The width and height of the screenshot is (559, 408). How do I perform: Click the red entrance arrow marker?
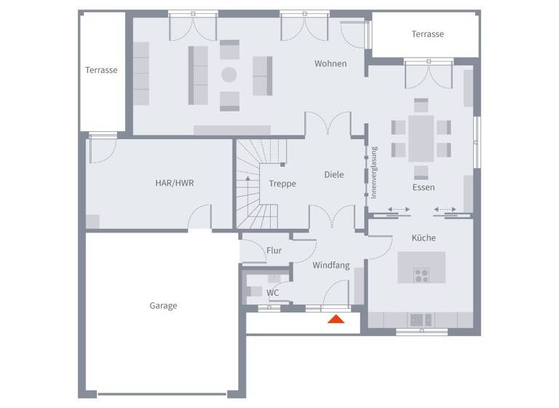pyautogui.click(x=336, y=318)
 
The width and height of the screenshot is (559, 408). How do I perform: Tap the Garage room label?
pyautogui.click(x=163, y=306)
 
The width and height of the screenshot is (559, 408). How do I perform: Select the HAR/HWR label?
pyautogui.click(x=174, y=183)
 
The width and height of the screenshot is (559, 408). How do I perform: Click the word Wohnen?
pyautogui.click(x=330, y=64)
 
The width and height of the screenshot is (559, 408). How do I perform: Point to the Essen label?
pyautogui.click(x=424, y=188)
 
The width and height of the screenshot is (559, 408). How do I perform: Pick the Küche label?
pyautogui.click(x=424, y=238)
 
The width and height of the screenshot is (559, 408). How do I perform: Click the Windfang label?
pyautogui.click(x=331, y=266)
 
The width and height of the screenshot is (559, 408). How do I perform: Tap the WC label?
pyautogui.click(x=272, y=293)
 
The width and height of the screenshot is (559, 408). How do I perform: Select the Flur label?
pyautogui.click(x=274, y=251)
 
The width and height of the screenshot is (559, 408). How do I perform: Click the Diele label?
pyautogui.click(x=334, y=175)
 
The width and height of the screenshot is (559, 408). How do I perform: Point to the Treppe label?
pyautogui.click(x=282, y=184)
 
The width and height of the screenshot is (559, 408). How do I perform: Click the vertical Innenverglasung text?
pyautogui.click(x=374, y=173)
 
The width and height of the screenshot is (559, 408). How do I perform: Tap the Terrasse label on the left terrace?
pyautogui.click(x=101, y=71)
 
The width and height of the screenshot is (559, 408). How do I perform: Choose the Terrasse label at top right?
pyautogui.click(x=427, y=34)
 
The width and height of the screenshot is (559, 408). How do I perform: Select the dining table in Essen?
pyautogui.click(x=421, y=138)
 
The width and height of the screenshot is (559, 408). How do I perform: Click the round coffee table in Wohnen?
pyautogui.click(x=229, y=74)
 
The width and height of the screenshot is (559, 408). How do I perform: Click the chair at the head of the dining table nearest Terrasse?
pyautogui.click(x=421, y=105)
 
